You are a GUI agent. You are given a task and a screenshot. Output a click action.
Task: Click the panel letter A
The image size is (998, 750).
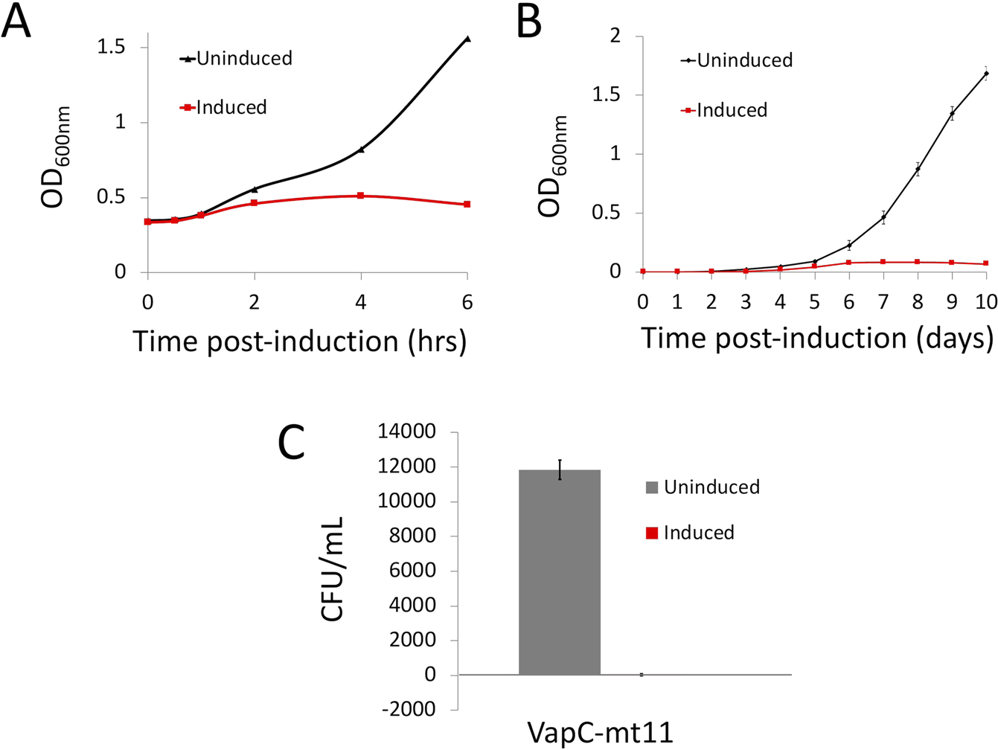(17, 22)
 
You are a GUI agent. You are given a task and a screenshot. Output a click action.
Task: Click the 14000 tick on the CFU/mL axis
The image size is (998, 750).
(409, 432)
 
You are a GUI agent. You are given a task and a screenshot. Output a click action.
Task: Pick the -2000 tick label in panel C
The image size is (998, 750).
(409, 709)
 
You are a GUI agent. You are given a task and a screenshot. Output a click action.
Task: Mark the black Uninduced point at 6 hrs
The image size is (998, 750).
(467, 39)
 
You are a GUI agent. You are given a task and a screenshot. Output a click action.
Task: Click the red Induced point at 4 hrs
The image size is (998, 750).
(360, 196)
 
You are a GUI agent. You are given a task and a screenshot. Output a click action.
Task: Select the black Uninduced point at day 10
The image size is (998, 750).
(986, 73)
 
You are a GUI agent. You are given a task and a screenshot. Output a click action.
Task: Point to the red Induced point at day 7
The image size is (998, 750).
(883, 262)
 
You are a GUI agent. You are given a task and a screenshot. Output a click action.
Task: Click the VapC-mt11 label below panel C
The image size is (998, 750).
(600, 733)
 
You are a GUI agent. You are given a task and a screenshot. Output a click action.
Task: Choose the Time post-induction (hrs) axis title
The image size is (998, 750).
(299, 341)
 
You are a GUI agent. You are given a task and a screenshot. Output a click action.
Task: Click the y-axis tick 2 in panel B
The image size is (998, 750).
(615, 36)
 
